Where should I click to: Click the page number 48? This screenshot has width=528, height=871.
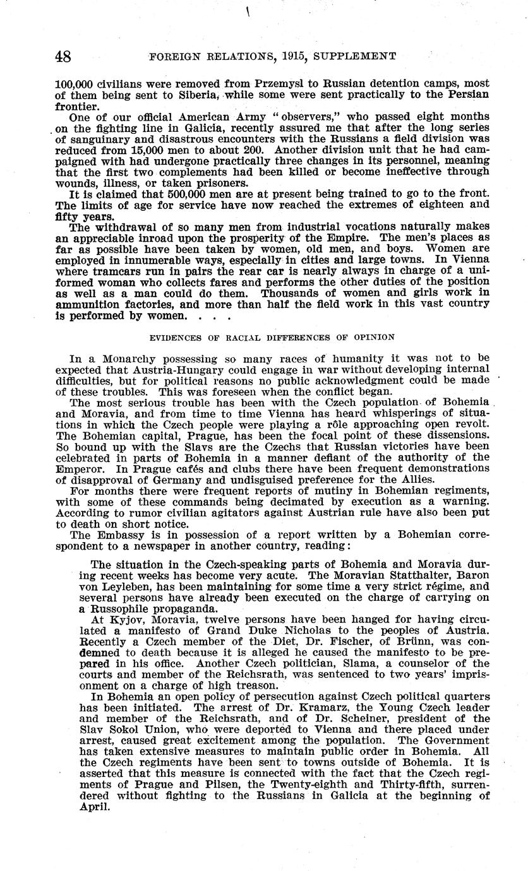[63, 56]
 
